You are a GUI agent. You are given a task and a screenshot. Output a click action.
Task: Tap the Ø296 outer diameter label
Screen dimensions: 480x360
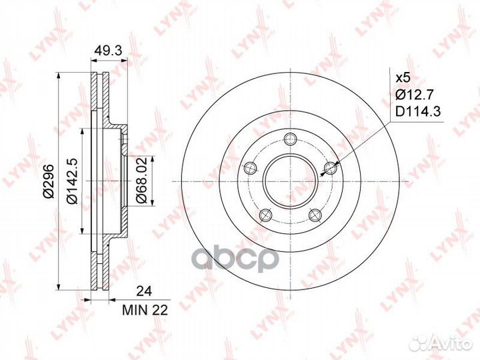point(49,181)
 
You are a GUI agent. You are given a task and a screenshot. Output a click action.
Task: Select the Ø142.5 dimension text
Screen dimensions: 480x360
point(73,181)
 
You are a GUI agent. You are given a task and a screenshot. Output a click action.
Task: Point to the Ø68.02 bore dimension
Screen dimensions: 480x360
point(142,181)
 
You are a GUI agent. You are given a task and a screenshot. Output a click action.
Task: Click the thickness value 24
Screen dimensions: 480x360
point(144,291)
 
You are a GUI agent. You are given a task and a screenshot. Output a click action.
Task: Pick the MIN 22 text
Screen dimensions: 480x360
point(145,311)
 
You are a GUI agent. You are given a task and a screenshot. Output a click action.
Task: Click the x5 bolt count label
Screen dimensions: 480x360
point(403,78)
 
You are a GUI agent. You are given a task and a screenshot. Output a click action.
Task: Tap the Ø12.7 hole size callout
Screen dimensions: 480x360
point(414,95)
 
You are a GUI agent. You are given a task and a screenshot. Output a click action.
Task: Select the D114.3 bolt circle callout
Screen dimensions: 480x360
point(418,112)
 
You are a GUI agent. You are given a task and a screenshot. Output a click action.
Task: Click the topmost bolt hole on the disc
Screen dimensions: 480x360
point(290,139)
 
